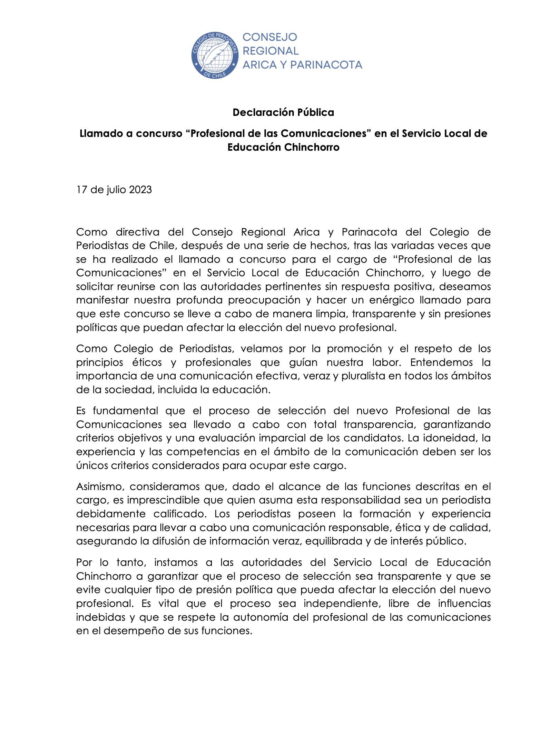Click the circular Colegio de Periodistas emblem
215,55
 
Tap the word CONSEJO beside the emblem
269,37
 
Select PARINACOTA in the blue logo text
326,65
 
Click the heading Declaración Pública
283,112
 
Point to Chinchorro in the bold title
312,147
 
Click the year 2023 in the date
140,190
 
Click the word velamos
261,349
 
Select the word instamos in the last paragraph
176,562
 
